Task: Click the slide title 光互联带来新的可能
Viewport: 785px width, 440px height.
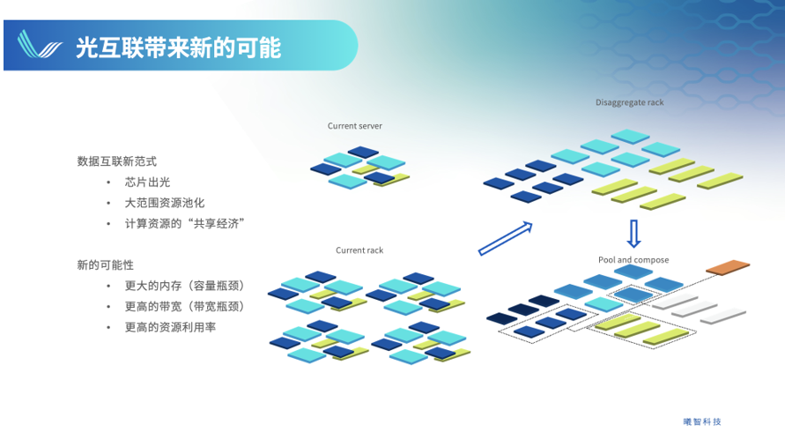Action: pyautogui.click(x=178, y=48)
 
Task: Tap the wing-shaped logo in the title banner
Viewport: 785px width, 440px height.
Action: pyautogui.click(x=40, y=44)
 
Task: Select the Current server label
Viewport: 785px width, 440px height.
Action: pyautogui.click(x=354, y=126)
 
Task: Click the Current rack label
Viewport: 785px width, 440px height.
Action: pyautogui.click(x=359, y=250)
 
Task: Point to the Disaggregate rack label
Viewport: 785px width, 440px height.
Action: pyautogui.click(x=629, y=102)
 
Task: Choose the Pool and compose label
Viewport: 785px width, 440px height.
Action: pyautogui.click(x=633, y=259)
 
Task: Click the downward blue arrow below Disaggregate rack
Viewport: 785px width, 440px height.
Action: pyautogui.click(x=633, y=234)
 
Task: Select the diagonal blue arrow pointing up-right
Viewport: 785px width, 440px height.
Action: pyautogui.click(x=505, y=239)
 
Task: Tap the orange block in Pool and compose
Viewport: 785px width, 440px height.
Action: pyautogui.click(x=728, y=267)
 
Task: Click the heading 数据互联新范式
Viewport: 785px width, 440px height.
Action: pyautogui.click(x=116, y=161)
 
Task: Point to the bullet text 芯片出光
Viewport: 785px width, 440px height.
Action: pyautogui.click(x=147, y=182)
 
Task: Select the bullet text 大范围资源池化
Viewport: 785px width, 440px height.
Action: pyautogui.click(x=164, y=203)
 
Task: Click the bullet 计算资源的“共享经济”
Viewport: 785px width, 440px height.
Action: pyautogui.click(x=184, y=223)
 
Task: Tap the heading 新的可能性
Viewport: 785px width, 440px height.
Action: pyautogui.click(x=105, y=265)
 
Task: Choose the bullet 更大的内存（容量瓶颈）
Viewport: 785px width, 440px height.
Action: pyautogui.click(x=184, y=286)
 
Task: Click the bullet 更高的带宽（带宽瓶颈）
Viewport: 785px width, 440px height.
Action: pyautogui.click(x=184, y=306)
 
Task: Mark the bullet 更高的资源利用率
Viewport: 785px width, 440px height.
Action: pyautogui.click(x=170, y=327)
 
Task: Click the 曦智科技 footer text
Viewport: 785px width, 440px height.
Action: pyautogui.click(x=702, y=422)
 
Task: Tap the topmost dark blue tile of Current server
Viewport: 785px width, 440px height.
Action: pyautogui.click(x=363, y=152)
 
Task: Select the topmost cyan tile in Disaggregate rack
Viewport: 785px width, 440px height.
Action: pyautogui.click(x=630, y=136)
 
